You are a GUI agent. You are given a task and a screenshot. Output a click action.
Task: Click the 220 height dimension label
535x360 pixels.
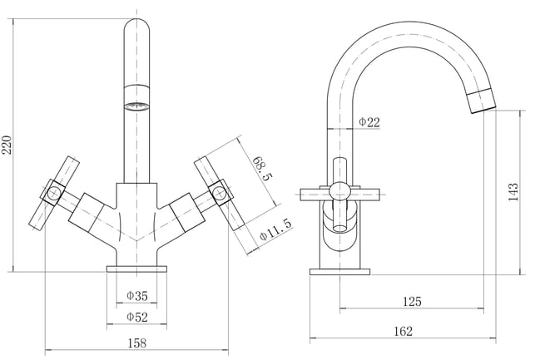click(x=7, y=145)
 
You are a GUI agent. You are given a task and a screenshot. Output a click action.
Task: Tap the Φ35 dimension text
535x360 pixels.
click(x=137, y=296)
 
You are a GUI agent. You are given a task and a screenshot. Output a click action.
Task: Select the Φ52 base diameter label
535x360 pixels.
click(x=137, y=317)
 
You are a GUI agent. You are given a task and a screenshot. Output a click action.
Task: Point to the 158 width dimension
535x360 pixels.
click(x=136, y=343)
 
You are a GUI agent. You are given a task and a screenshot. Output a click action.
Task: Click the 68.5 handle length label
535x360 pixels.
click(x=262, y=169)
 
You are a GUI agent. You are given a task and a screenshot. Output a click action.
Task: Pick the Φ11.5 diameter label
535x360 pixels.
click(x=276, y=229)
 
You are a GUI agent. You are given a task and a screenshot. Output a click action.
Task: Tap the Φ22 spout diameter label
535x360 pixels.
click(x=369, y=121)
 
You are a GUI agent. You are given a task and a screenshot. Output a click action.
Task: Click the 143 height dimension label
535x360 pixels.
click(x=513, y=192)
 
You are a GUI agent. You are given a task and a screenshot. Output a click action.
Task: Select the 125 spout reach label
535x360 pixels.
click(x=412, y=301)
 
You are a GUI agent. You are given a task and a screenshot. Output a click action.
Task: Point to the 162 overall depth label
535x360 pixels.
click(x=403, y=331)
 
